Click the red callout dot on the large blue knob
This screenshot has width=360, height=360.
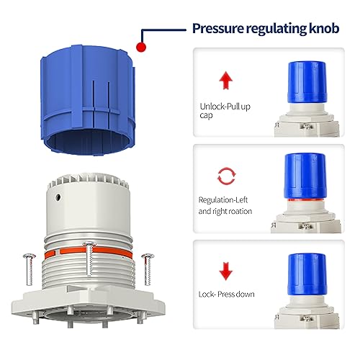pyautogui.click(x=141, y=47)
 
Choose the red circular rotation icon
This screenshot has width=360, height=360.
pyautogui.click(x=225, y=174)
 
